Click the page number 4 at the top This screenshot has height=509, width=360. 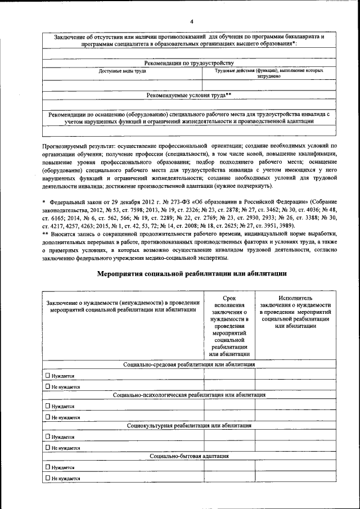191,22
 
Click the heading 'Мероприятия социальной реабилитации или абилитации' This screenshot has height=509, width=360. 191,273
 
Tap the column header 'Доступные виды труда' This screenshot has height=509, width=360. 123,72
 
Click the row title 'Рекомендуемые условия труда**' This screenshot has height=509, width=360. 189,95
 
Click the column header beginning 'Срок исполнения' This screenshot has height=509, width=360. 229,326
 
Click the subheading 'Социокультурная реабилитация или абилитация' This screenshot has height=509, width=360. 190,425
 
